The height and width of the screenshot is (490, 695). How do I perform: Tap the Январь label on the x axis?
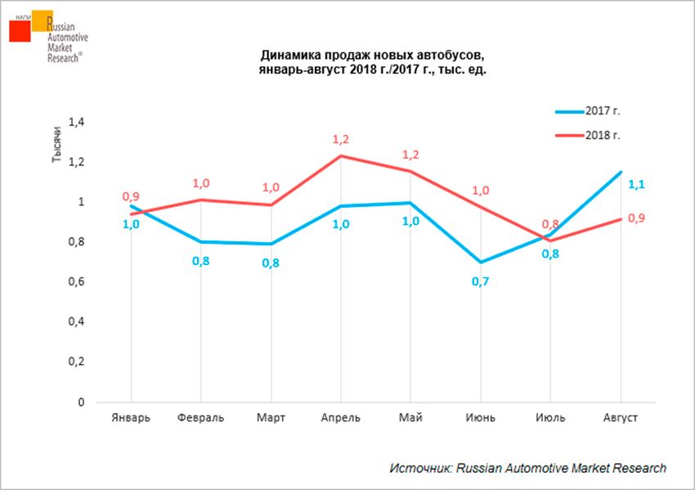(130, 418)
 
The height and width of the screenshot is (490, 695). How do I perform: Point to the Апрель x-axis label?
(340, 418)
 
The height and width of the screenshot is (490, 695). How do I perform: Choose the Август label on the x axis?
(620, 418)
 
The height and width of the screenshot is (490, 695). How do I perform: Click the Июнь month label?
(480, 418)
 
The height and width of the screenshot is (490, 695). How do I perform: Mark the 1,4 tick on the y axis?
(74, 122)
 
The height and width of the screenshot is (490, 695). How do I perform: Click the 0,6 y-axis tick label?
(74, 282)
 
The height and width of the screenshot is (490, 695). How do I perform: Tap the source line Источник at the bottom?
(527, 468)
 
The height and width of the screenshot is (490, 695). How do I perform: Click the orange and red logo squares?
(30, 26)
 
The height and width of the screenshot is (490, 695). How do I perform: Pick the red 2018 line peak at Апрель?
(340, 155)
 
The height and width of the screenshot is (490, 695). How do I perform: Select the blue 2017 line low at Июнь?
(480, 263)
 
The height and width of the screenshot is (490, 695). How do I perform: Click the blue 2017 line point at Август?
(620, 172)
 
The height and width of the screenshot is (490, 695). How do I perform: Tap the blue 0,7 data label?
(480, 282)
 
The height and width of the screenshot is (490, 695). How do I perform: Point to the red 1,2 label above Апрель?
(340, 140)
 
